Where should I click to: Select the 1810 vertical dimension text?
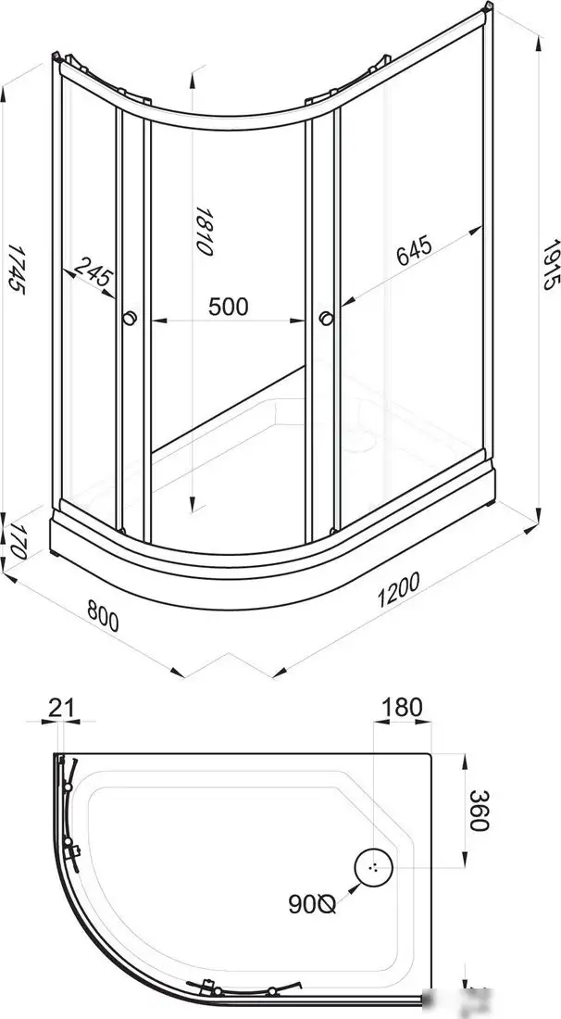coord(205,232)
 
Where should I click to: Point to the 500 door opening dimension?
coord(228,306)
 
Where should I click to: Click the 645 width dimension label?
coord(414,250)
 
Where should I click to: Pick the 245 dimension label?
coord(93,274)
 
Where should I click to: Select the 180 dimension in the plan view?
coord(401,708)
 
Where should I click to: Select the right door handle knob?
coord(325,319)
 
